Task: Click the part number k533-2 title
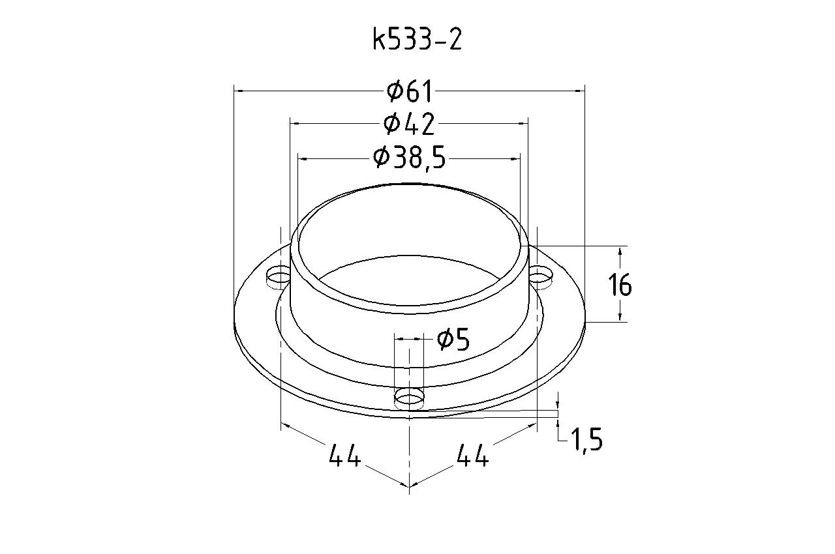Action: (x=417, y=40)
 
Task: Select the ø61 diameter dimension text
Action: (x=409, y=91)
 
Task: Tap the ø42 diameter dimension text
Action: (x=409, y=124)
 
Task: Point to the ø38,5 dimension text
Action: (x=409, y=158)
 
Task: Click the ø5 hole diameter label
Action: (x=453, y=339)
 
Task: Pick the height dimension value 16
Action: (x=620, y=285)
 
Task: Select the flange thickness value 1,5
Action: (x=586, y=440)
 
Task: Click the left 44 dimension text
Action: (x=345, y=455)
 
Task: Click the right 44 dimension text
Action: (x=473, y=455)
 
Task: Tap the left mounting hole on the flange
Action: (x=278, y=278)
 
